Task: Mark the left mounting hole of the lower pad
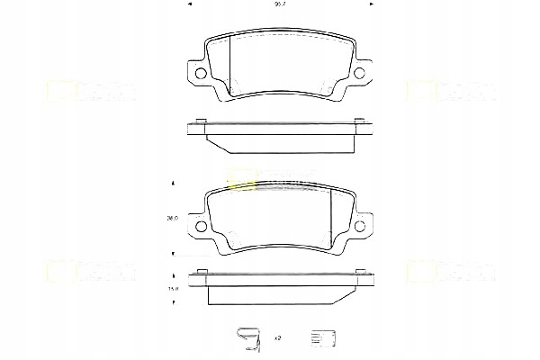200,227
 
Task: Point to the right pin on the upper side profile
359,121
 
